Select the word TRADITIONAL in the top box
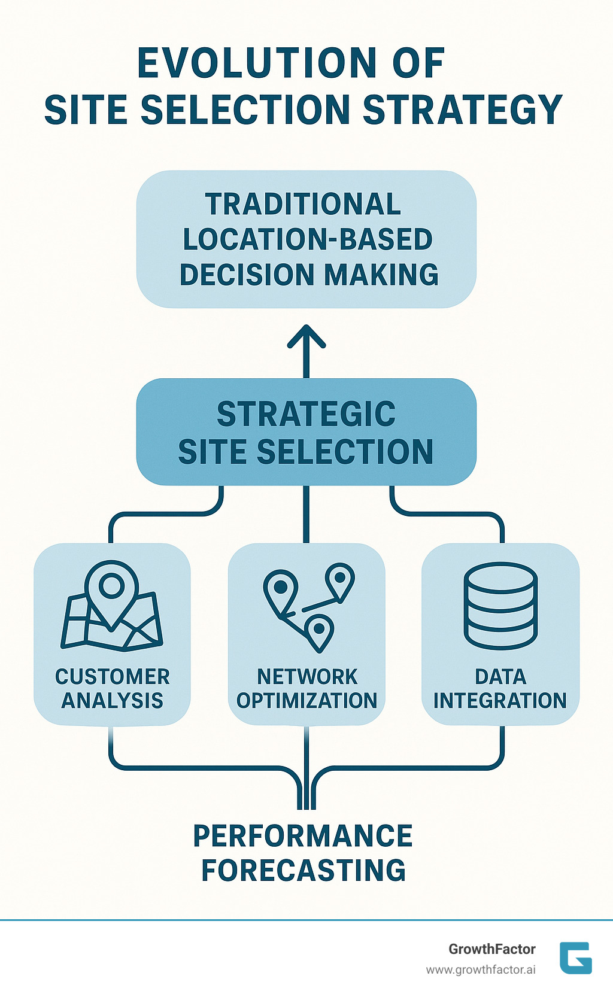[x=304, y=204]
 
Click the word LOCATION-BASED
[x=307, y=239]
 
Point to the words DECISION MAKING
[x=309, y=275]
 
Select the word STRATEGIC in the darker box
[x=306, y=414]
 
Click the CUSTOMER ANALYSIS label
[x=113, y=688]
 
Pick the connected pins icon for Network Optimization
[x=308, y=604]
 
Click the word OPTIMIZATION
[x=306, y=700]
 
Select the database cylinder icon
[x=500, y=606]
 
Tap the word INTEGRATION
[x=500, y=700]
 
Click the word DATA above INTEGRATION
[x=500, y=677]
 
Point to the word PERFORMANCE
[x=303, y=836]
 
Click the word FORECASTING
[x=304, y=871]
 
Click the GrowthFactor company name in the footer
[x=492, y=949]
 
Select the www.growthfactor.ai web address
[x=481, y=969]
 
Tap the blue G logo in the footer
[x=576, y=958]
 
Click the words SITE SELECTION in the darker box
[x=306, y=451]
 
